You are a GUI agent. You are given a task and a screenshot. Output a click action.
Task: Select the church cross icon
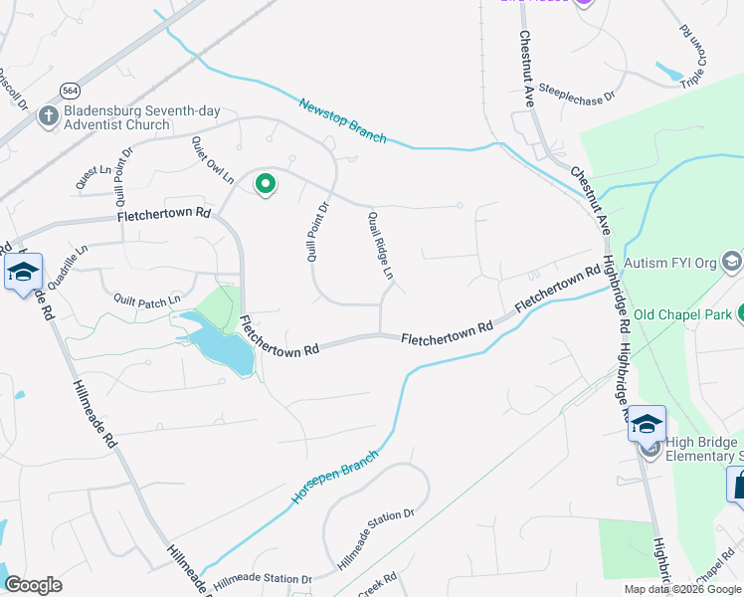(x=46, y=116)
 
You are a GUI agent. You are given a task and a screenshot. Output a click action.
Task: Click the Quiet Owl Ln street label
(x=213, y=161)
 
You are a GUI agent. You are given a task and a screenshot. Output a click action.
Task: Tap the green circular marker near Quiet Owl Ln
(x=266, y=183)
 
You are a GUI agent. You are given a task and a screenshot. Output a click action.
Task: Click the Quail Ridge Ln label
(x=381, y=246)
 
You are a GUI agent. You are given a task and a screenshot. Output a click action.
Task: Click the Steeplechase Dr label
(x=578, y=95)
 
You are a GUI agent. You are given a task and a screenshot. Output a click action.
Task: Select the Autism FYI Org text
(x=670, y=265)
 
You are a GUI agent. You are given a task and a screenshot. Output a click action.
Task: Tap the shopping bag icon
(x=739, y=487)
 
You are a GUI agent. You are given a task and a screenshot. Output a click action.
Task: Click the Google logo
(x=34, y=585)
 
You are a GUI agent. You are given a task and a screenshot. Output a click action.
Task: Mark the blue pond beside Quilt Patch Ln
(x=218, y=344)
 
